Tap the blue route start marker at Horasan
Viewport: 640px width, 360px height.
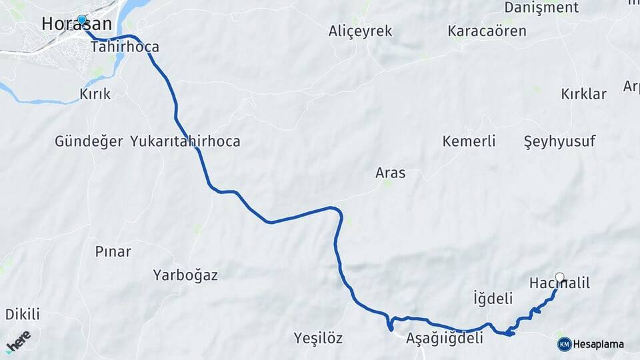point(82,20)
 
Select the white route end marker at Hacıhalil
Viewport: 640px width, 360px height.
point(559,277)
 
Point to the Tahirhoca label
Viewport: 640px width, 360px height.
point(125,47)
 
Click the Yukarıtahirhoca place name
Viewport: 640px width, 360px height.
point(185,141)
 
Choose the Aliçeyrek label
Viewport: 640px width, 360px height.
point(360,31)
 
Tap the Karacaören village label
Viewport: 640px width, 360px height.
point(487,31)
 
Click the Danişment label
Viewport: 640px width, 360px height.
point(541,8)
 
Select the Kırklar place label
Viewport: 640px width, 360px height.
point(583,94)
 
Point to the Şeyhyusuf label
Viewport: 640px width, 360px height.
point(559,141)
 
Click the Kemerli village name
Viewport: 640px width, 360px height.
point(469,141)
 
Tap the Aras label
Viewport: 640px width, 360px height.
point(390,173)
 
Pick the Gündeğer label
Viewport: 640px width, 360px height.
point(89,141)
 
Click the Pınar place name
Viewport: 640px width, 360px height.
point(113,252)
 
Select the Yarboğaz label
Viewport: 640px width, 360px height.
point(185,275)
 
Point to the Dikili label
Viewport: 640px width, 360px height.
point(23,314)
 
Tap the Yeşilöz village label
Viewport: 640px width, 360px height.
point(318,339)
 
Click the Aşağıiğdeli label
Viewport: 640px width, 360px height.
point(444,339)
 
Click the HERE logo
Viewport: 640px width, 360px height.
point(19,341)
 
